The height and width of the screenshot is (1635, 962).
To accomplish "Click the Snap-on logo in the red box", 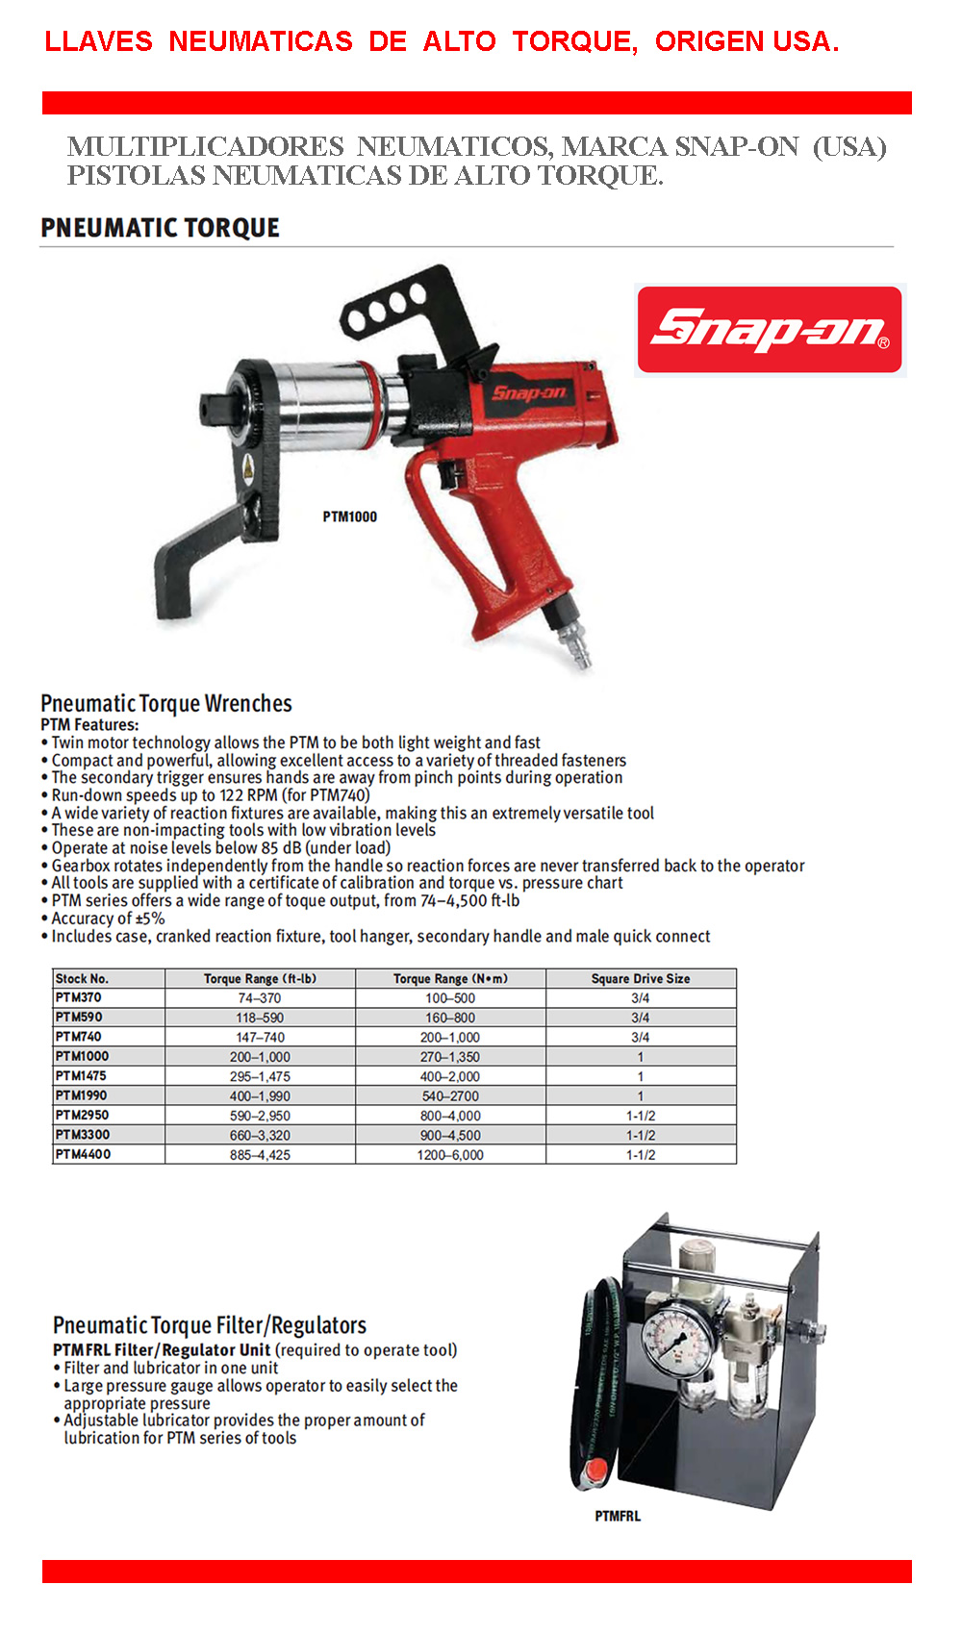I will [770, 329].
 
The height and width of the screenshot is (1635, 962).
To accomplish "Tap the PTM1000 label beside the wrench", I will [349, 516].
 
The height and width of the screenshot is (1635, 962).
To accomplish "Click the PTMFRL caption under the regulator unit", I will [617, 1516].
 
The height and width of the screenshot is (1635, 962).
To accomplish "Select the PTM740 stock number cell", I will [78, 1037].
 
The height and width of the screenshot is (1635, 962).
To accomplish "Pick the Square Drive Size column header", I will [640, 978].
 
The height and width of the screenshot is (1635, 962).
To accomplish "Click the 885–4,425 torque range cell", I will [260, 1154].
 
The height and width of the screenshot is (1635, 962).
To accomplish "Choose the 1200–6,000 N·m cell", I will [449, 1154].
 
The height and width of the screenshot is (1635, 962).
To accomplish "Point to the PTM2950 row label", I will [82, 1115].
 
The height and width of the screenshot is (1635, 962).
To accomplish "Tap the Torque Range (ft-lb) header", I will [260, 978].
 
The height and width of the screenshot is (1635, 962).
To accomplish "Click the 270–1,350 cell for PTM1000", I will [449, 1056].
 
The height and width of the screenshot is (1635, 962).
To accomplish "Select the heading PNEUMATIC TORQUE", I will [160, 228].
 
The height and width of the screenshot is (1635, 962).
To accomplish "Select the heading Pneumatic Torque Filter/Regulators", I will [210, 1325].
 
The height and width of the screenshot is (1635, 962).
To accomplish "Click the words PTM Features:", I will [89, 724].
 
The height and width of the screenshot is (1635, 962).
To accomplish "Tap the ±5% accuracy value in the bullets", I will [150, 918].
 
